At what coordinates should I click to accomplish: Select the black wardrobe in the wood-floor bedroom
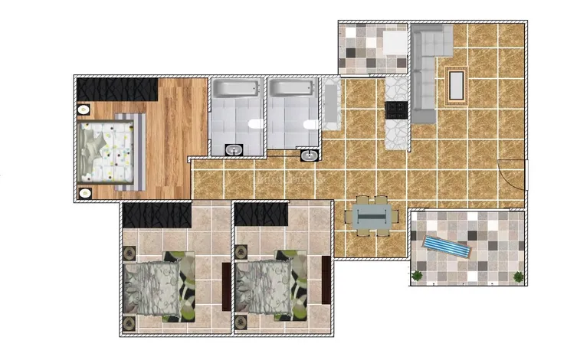click(x=117, y=89)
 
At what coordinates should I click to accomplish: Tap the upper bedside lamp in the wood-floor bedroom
click(x=84, y=110)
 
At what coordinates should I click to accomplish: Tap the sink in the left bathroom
click(x=233, y=149)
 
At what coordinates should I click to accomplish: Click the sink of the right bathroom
click(x=309, y=155)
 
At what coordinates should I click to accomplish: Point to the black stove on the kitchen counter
click(x=396, y=110)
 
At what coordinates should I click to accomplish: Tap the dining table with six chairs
click(x=372, y=214)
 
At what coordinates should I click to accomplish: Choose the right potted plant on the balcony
click(x=520, y=275)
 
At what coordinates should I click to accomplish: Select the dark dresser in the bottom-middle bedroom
click(x=326, y=283)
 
